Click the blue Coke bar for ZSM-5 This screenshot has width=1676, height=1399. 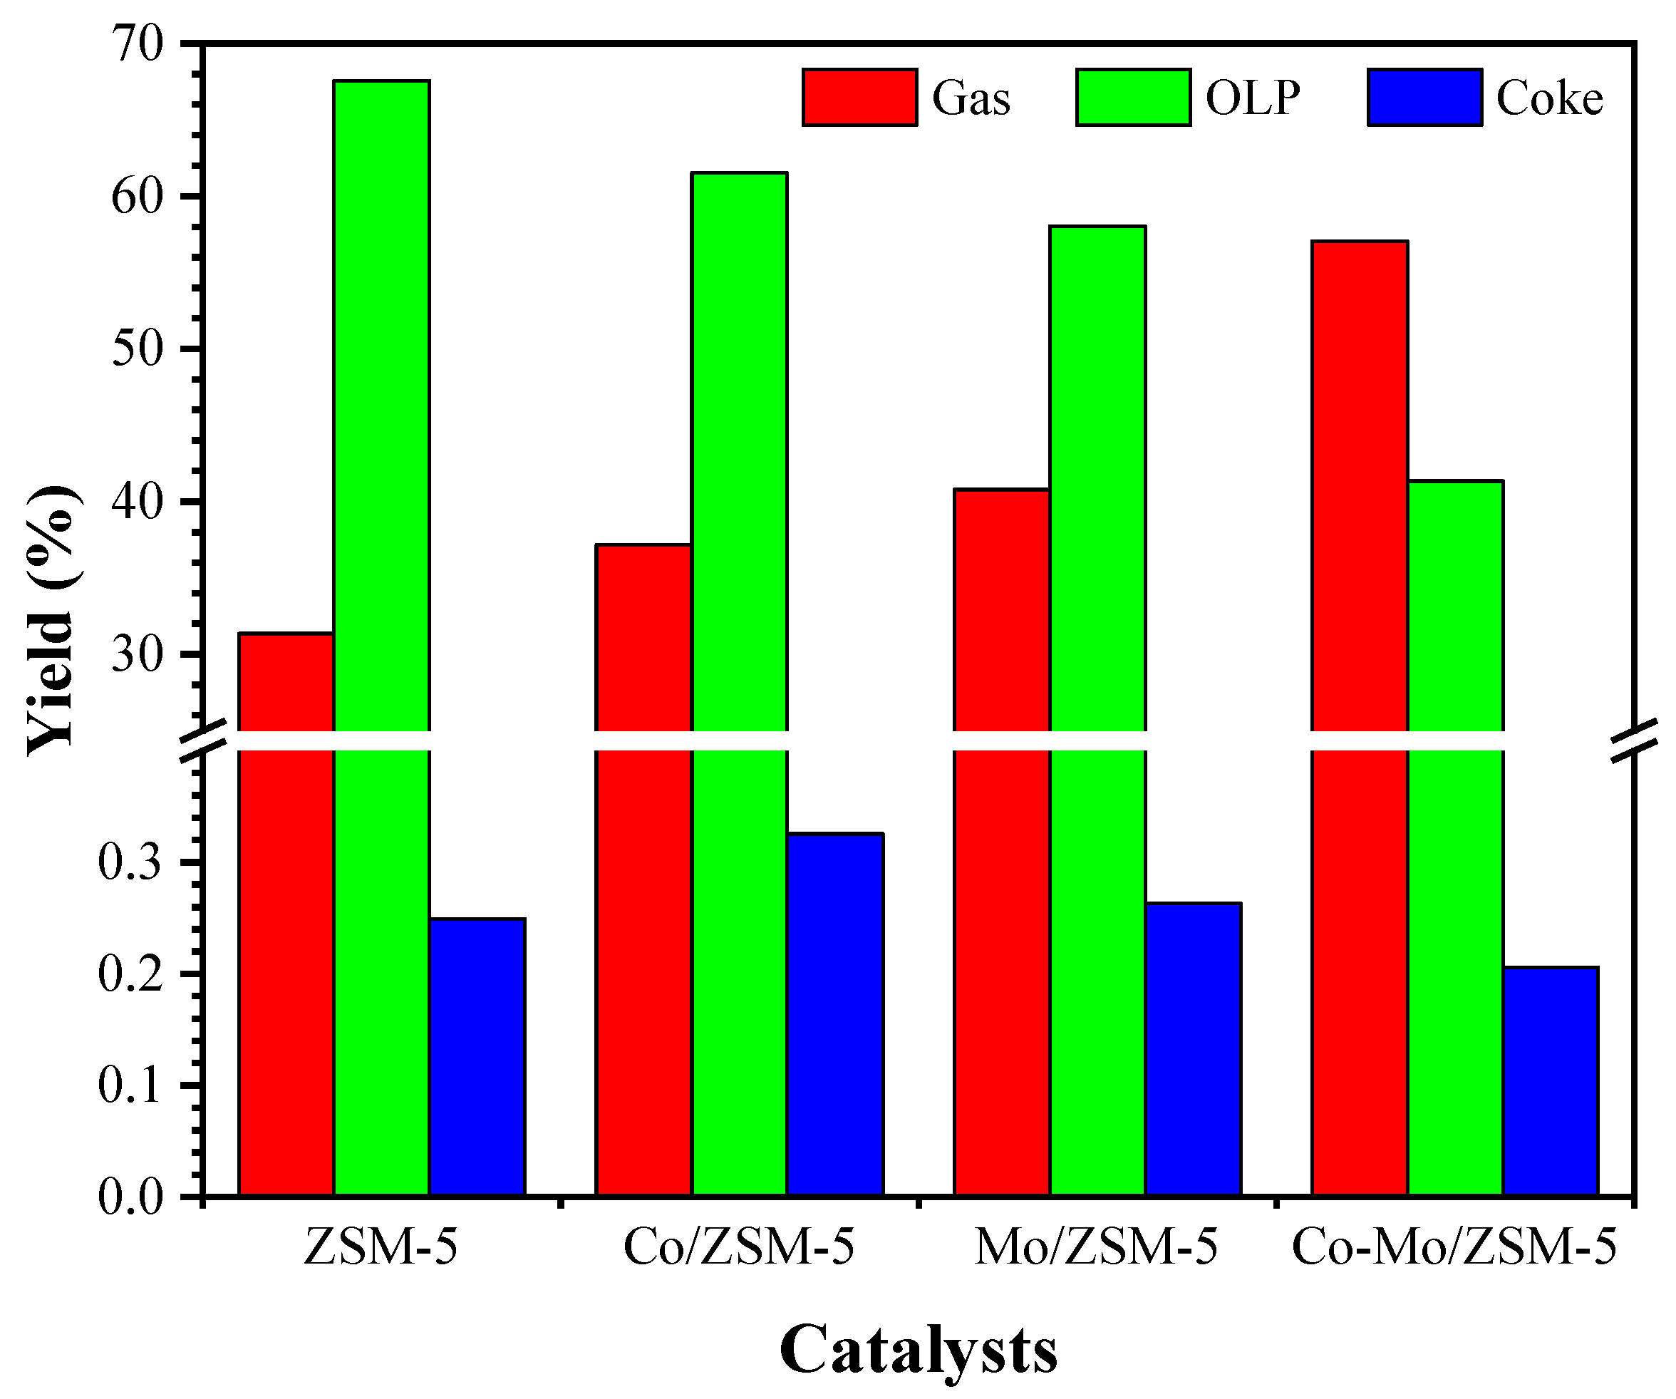coord(477,1057)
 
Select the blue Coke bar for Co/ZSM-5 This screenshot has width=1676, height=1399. coord(835,1013)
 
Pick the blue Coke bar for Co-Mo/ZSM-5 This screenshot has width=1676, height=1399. coord(1551,1080)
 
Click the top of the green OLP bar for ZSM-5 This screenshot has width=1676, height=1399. coord(381,83)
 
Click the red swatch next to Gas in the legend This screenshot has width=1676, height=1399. coord(859,98)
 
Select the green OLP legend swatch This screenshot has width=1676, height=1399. coord(1132,98)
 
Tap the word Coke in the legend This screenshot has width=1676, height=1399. coord(1549,99)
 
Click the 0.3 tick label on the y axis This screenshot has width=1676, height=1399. coord(130,862)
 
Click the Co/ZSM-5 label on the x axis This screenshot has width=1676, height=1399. coord(738,1247)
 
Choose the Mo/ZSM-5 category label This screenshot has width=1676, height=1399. coord(1096,1247)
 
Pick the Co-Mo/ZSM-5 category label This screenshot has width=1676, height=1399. coord(1454,1247)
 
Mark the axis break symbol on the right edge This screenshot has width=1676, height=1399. coord(1633,740)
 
